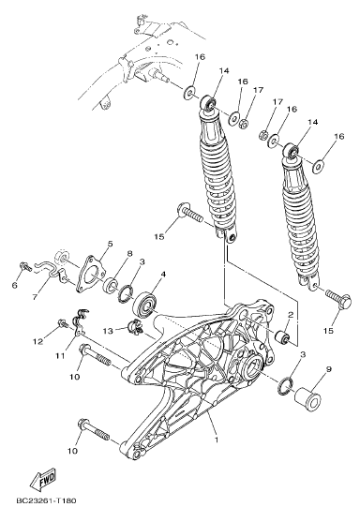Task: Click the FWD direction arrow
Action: click(x=43, y=478)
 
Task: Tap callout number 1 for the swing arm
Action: click(x=217, y=440)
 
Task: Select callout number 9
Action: click(x=329, y=369)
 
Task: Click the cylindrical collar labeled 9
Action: click(x=308, y=400)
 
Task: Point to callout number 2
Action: click(x=290, y=314)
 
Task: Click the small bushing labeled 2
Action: click(x=283, y=337)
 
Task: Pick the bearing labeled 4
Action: click(x=144, y=306)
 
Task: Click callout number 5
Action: click(x=111, y=244)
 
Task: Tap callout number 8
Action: click(x=130, y=253)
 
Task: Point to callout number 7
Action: click(x=36, y=296)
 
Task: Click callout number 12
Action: click(x=38, y=341)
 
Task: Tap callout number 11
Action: click(x=60, y=356)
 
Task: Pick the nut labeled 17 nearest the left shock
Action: click(x=244, y=123)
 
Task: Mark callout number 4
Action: click(x=163, y=274)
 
